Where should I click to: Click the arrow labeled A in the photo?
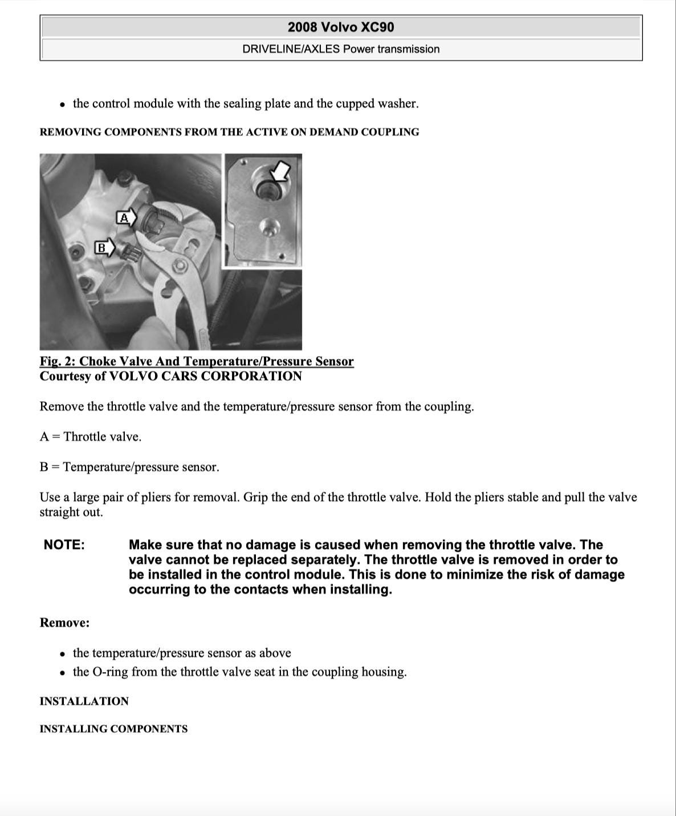[x=127, y=217]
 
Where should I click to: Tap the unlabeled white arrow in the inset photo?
[x=281, y=169]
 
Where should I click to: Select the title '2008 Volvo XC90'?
[x=341, y=27]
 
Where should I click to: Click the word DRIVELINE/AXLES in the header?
[x=291, y=49]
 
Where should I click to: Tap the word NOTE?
[x=64, y=545]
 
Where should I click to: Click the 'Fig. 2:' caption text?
[x=58, y=362]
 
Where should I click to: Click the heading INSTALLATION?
[x=84, y=701]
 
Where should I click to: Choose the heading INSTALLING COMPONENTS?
[x=113, y=729]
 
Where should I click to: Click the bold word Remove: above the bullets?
[x=64, y=623]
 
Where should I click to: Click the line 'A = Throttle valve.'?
[x=91, y=437]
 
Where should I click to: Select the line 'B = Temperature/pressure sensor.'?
[x=129, y=467]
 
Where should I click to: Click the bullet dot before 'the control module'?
[x=62, y=105]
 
